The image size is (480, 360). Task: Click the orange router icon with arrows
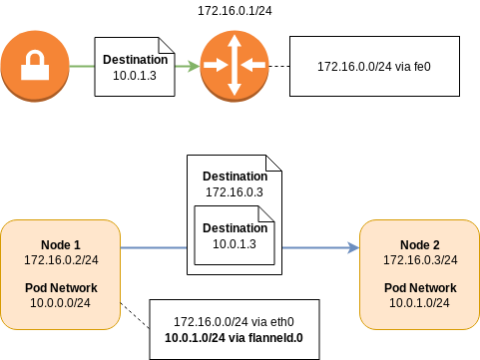(236, 65)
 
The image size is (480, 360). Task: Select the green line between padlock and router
(83, 66)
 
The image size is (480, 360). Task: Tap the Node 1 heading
(59, 245)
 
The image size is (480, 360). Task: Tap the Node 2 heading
(420, 245)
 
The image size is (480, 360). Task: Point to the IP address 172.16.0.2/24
(59, 259)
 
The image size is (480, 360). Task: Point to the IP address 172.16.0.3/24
(420, 259)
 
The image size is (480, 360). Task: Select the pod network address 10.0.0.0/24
(59, 302)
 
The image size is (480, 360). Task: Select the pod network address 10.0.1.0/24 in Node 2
(420, 302)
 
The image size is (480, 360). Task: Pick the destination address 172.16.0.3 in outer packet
(235, 190)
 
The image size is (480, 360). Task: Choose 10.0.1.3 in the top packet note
(135, 75)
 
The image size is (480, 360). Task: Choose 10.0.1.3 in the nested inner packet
(235, 242)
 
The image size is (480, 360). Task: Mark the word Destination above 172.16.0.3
(235, 176)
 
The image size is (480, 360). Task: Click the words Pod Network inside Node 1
(59, 287)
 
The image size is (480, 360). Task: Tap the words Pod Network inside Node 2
(420, 287)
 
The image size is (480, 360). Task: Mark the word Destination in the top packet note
(135, 60)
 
